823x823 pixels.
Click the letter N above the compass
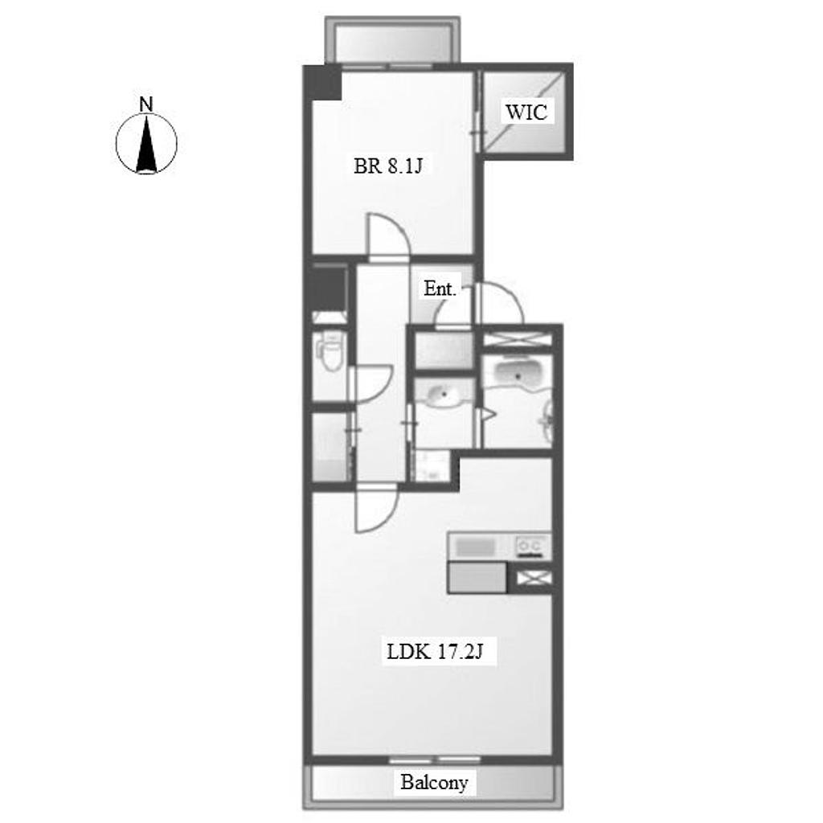(x=146, y=104)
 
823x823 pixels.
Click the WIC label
(x=526, y=112)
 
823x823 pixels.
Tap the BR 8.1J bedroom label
(x=388, y=166)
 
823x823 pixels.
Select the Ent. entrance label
(x=440, y=289)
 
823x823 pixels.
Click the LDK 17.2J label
(x=435, y=652)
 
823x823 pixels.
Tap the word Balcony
(x=434, y=782)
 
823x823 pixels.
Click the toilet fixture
(x=329, y=349)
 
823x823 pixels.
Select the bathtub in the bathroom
(x=518, y=374)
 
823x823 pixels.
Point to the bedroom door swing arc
(x=388, y=236)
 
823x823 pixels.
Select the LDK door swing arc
(x=376, y=510)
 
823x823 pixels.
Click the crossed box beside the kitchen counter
(x=534, y=578)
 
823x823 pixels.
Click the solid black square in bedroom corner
(x=324, y=82)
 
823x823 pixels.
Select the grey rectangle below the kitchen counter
(x=477, y=577)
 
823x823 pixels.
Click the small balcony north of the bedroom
(x=392, y=40)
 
